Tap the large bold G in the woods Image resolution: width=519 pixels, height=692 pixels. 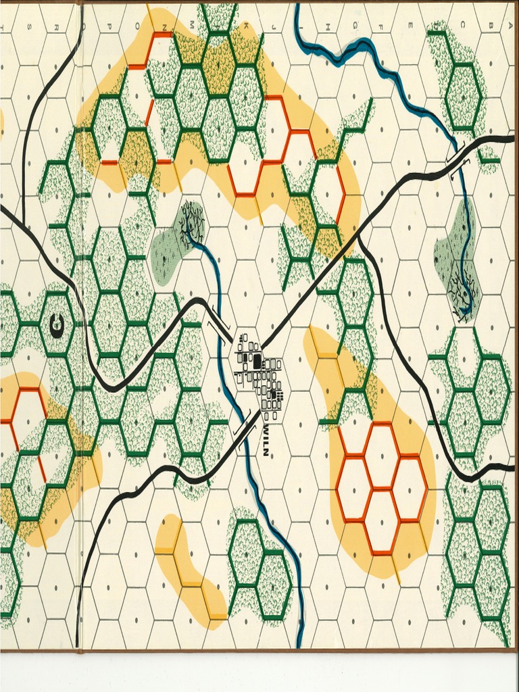point(57,327)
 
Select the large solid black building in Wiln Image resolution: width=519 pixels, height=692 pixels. point(257,360)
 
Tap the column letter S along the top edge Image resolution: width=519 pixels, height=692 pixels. point(28,28)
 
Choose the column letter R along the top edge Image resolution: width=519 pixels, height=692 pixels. point(55,28)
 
